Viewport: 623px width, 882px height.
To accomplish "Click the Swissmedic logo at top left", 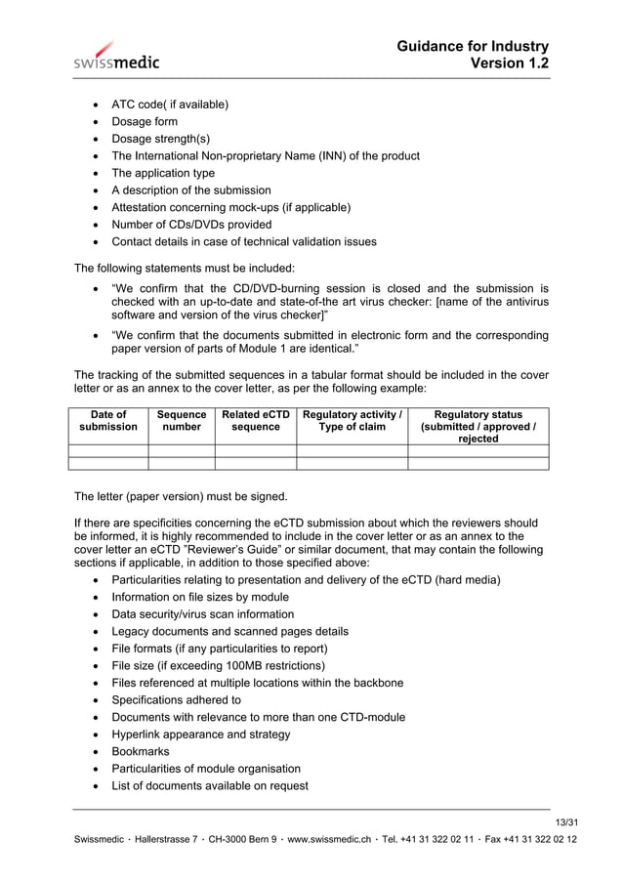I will pos(116,56).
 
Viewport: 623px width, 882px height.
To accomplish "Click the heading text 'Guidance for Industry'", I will pos(473,46).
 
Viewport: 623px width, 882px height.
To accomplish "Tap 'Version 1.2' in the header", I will pos(509,63).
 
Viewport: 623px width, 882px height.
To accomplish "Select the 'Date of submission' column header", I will pos(107,421).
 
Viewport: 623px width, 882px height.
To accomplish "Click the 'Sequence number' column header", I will pos(182,421).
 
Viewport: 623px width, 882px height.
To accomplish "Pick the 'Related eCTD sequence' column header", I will pos(255,421).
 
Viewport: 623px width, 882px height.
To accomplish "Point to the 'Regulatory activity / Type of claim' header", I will pos(352,421).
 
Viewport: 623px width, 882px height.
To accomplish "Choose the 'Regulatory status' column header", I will pos(478,427).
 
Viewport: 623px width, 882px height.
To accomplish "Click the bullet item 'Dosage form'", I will pos(145,122).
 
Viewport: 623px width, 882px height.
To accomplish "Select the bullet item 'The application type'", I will pos(163,173).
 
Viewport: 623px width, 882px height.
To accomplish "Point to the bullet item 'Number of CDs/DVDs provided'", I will pos(191,225).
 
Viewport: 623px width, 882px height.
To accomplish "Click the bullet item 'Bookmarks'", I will pos(140,752).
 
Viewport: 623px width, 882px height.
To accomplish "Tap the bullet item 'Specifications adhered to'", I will pos(176,700).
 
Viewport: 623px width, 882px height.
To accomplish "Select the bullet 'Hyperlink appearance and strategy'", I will pos(200,735).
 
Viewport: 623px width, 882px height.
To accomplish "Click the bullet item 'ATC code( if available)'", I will pos(170,105).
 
